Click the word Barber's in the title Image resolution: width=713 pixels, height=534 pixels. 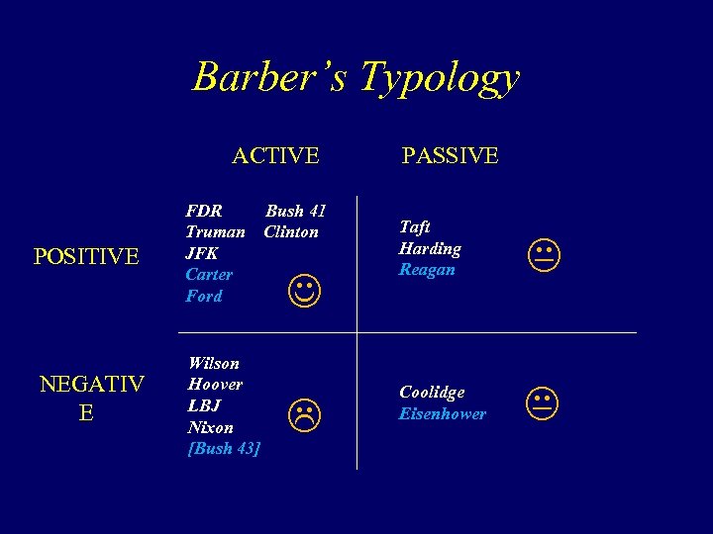pyautogui.click(x=270, y=76)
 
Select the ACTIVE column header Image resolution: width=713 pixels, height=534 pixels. pyautogui.click(x=275, y=155)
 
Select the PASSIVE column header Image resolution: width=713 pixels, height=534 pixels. pyautogui.click(x=450, y=155)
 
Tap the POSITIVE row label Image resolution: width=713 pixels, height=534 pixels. pyautogui.click(x=86, y=257)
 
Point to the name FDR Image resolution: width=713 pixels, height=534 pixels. pyautogui.click(x=204, y=211)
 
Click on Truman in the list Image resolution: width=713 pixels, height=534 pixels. pyautogui.click(x=215, y=231)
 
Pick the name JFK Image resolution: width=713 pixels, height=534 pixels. pyautogui.click(x=202, y=253)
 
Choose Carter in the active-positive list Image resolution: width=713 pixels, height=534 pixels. pyautogui.click(x=209, y=274)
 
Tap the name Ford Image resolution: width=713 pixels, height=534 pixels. pyautogui.click(x=204, y=296)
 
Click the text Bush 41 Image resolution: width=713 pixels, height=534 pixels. pyautogui.click(x=295, y=211)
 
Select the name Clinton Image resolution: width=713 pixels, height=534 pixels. pyautogui.click(x=291, y=231)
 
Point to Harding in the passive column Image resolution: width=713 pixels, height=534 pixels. pyautogui.click(x=430, y=248)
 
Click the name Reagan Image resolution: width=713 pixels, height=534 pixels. pyautogui.click(x=427, y=269)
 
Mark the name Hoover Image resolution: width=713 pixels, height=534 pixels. pyautogui.click(x=215, y=384)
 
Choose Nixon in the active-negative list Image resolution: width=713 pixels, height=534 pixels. pyautogui.click(x=210, y=427)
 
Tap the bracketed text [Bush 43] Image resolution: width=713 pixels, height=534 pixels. pyautogui.click(x=224, y=448)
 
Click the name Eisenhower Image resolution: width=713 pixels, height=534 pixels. pyautogui.click(x=443, y=413)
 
